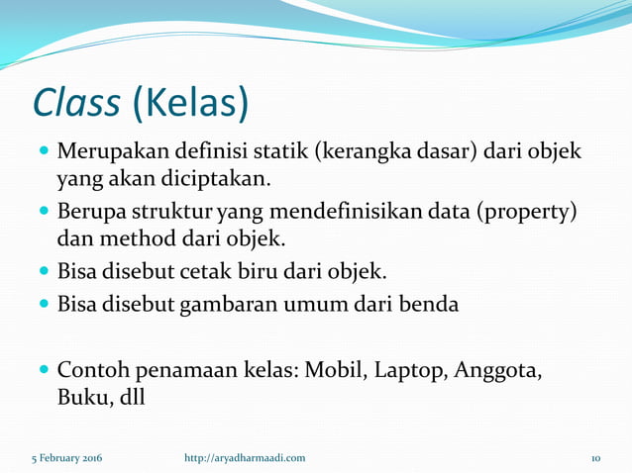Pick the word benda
(429, 305)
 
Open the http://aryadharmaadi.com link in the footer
(245, 458)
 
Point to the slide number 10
(596, 458)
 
